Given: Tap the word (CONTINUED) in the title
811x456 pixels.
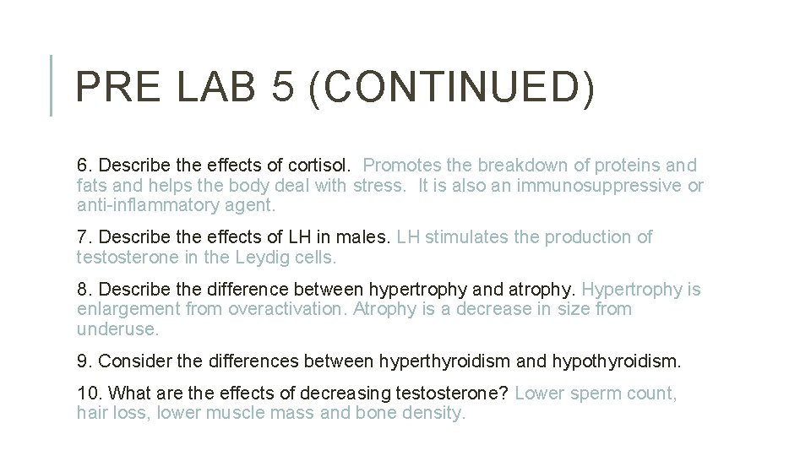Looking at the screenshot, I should [452, 88].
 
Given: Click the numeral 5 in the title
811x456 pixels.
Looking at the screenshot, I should [282, 87].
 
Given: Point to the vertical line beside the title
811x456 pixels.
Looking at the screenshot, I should [52, 85].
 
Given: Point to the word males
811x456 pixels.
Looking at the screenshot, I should [366, 237].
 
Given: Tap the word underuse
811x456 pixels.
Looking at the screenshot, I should [117, 329].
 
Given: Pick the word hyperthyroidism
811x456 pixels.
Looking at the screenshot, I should [444, 361].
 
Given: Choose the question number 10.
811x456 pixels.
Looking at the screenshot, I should [88, 394].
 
